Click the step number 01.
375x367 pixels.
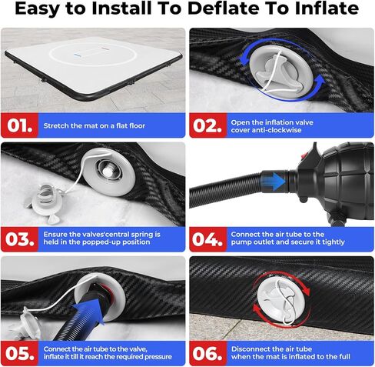pos(20,125)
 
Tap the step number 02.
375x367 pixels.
pos(207,125)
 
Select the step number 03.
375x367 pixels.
pos(20,239)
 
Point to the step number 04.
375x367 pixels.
pos(207,239)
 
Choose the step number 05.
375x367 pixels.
pos(20,353)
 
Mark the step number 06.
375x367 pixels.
pos(207,353)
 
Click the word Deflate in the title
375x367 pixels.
pos(224,8)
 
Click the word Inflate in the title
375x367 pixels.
pos(327,8)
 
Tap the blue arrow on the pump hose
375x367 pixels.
pos(274,182)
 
